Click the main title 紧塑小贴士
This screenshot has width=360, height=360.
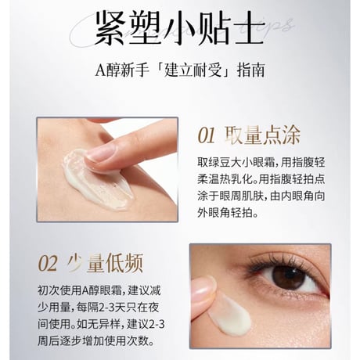click(179, 27)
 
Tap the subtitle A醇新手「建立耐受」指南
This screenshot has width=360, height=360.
click(179, 70)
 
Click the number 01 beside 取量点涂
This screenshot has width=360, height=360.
click(207, 135)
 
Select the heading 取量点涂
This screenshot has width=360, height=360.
click(262, 135)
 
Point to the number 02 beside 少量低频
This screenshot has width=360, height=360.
click(48, 264)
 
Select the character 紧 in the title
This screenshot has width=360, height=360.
click(109, 28)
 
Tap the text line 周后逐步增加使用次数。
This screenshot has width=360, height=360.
click(96, 341)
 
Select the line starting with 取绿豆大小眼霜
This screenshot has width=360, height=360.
click(261, 162)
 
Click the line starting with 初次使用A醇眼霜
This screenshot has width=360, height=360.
click(99, 290)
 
